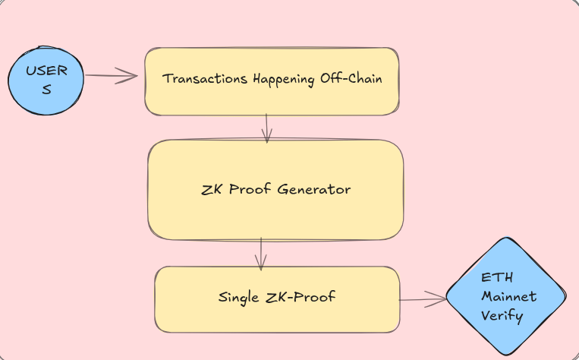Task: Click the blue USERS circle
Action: click(x=46, y=79)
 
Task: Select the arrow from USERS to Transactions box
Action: click(x=110, y=75)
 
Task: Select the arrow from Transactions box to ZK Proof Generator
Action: click(x=266, y=127)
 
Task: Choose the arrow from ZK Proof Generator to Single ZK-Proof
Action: click(x=260, y=254)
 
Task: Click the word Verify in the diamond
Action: click(x=502, y=315)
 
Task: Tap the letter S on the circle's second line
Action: click(x=46, y=90)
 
